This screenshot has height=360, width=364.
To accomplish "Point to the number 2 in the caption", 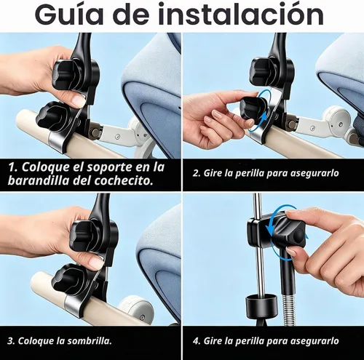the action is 196,173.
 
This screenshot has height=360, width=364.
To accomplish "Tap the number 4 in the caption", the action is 196,341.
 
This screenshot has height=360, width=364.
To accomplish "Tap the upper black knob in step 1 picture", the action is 66,73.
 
